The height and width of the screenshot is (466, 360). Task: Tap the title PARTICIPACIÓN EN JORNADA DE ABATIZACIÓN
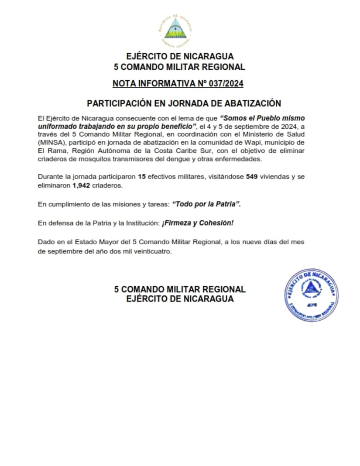[x=184, y=103]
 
